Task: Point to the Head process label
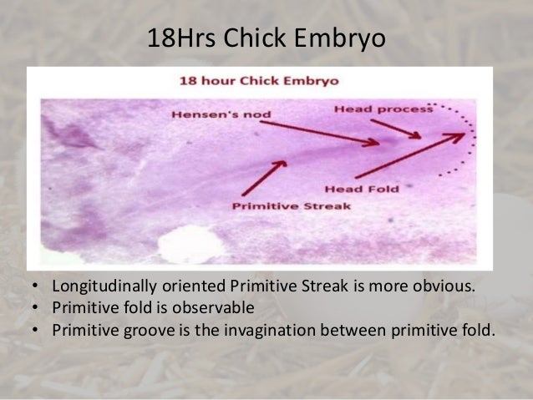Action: point(383,109)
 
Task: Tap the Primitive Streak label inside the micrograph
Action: point(280,205)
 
